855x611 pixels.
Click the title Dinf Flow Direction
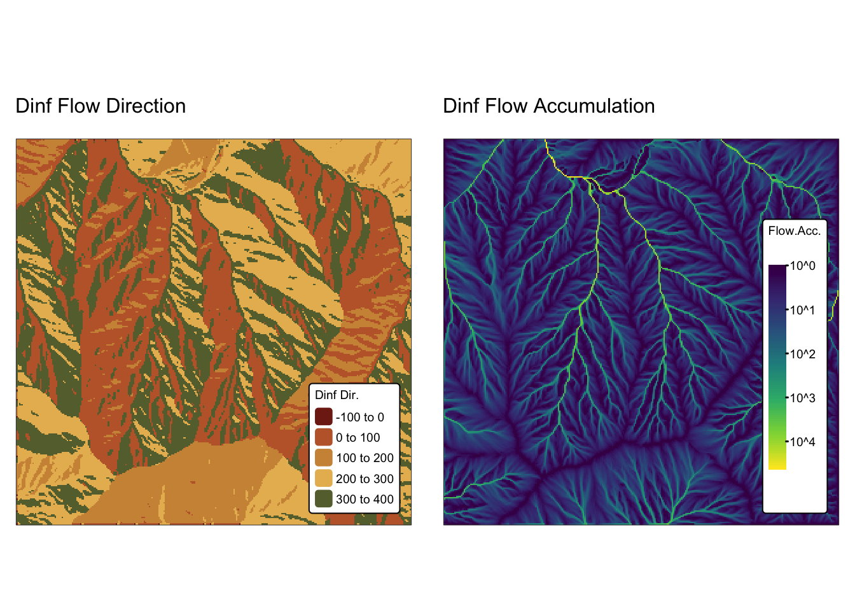(101, 106)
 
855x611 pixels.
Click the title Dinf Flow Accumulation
(548, 106)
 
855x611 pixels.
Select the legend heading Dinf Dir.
(337, 395)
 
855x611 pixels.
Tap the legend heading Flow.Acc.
(795, 230)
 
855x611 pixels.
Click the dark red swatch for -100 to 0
(324, 417)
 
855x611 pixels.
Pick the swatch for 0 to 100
(324, 437)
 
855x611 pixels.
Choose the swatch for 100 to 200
(324, 458)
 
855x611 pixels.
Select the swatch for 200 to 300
(324, 478)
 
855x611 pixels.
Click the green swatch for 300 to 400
(324, 499)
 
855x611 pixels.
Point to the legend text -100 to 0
(360, 417)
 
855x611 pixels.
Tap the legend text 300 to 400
(365, 499)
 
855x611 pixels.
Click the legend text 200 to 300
(365, 479)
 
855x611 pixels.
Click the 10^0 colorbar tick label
(802, 266)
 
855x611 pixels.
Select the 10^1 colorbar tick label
(802, 310)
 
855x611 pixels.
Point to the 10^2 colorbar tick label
(802, 354)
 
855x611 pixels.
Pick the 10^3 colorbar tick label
(802, 398)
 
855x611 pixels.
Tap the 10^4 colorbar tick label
(802, 442)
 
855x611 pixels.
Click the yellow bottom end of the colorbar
(777, 467)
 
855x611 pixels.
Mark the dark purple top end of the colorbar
(777, 267)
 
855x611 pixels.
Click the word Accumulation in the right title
(594, 106)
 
